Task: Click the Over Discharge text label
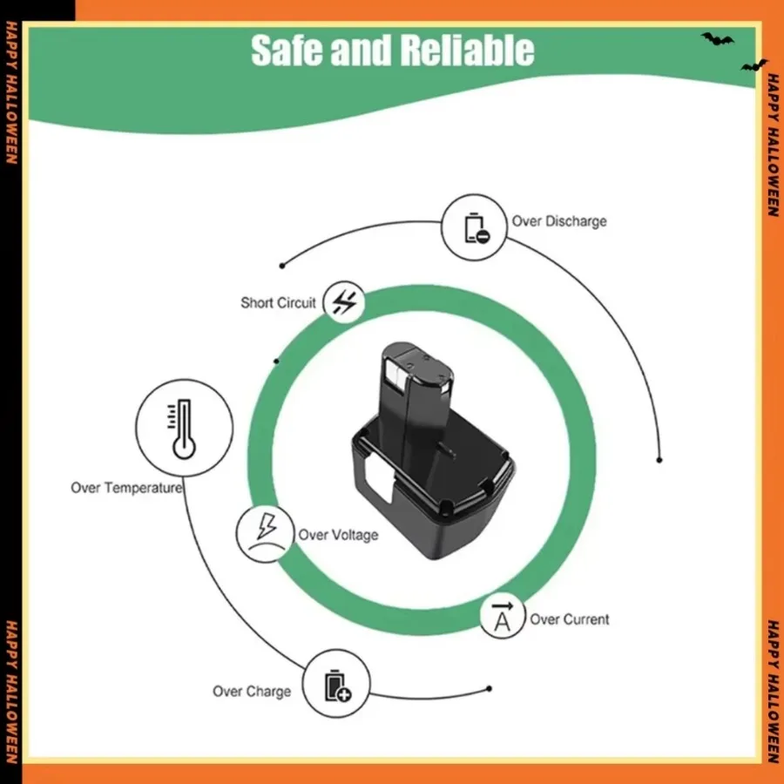[x=559, y=221]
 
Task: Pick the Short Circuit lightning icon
[x=344, y=303]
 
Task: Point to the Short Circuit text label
[x=278, y=303]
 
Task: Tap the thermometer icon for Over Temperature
[x=184, y=428]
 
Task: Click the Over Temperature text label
[x=126, y=488]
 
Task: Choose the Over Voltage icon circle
[x=263, y=533]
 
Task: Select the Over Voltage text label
[x=338, y=535]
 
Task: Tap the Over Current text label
[x=570, y=619]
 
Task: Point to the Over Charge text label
[x=252, y=692]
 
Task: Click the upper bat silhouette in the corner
[x=717, y=39]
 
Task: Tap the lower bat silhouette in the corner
[x=754, y=65]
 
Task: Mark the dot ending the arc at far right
[x=659, y=459]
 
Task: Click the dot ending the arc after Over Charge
[x=489, y=689]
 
